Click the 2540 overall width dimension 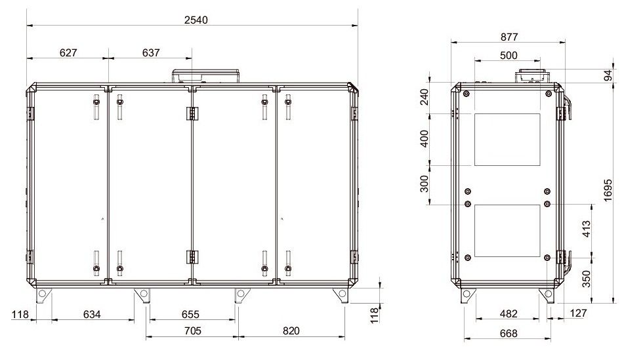196,20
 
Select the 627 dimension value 68,52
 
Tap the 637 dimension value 151,52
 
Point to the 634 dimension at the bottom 92,314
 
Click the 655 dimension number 190,314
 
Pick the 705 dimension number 193,330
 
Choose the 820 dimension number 291,330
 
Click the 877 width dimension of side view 509,37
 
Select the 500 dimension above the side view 509,55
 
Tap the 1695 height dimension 608,190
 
